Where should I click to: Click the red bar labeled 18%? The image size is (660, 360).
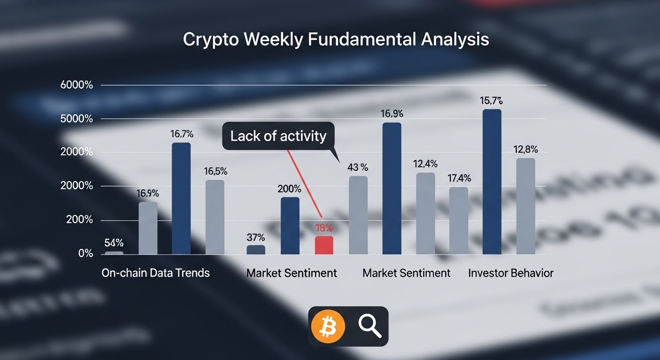324,245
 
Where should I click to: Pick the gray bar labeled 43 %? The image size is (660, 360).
358,215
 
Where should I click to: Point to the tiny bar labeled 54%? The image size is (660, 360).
114,253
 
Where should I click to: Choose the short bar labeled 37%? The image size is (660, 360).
256,250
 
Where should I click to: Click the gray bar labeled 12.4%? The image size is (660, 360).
425,213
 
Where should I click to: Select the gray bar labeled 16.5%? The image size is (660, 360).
215,217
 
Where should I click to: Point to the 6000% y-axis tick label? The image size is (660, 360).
77,85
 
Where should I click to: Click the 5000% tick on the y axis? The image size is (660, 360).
77,119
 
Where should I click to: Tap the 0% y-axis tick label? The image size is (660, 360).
86,254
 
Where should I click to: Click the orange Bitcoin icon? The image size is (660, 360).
328,326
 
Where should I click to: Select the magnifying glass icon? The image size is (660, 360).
370,326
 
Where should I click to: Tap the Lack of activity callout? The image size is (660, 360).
278,136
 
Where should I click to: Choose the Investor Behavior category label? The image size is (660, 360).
510,273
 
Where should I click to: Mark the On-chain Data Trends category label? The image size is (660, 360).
156,273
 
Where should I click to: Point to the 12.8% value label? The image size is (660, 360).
525,150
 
